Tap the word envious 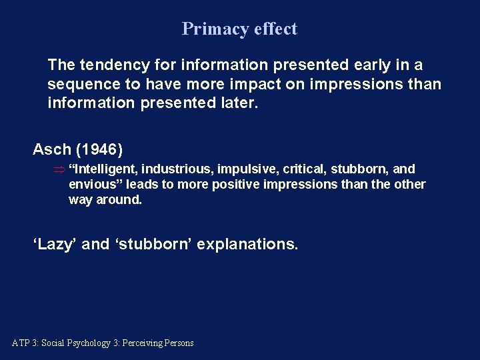[95, 184]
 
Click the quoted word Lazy [55, 244]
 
